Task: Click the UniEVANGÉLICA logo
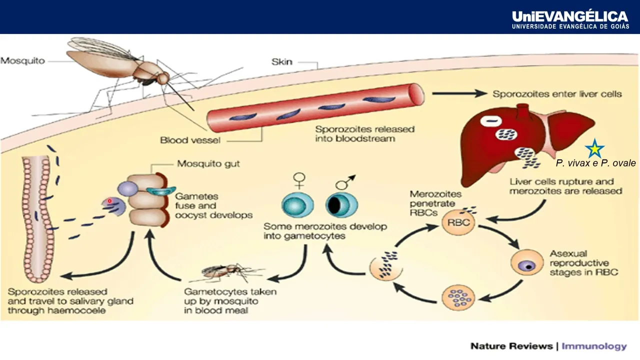click(x=570, y=20)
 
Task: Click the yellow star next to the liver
click(x=595, y=148)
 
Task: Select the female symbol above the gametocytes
click(x=299, y=179)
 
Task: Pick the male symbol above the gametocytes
click(x=344, y=181)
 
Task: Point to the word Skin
click(x=281, y=62)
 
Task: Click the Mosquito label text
click(x=22, y=61)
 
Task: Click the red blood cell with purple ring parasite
click(x=526, y=262)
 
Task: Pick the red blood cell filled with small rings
click(x=457, y=295)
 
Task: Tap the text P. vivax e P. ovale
click(x=595, y=163)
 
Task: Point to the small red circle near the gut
click(x=109, y=201)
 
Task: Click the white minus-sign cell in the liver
click(x=490, y=121)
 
